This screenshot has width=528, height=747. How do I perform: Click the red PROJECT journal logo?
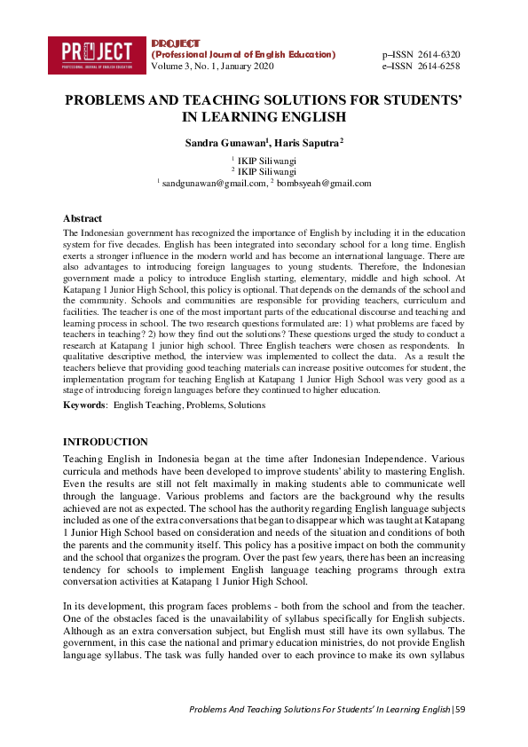(x=97, y=54)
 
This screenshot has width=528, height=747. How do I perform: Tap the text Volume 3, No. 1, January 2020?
(x=213, y=67)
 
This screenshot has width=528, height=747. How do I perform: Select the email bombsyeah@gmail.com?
(x=324, y=183)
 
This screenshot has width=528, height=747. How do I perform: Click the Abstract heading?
(x=83, y=218)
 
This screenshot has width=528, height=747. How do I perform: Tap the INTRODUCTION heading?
(x=106, y=442)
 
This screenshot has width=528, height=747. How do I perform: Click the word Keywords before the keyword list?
(x=83, y=405)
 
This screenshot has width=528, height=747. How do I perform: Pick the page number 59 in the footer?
(x=460, y=710)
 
